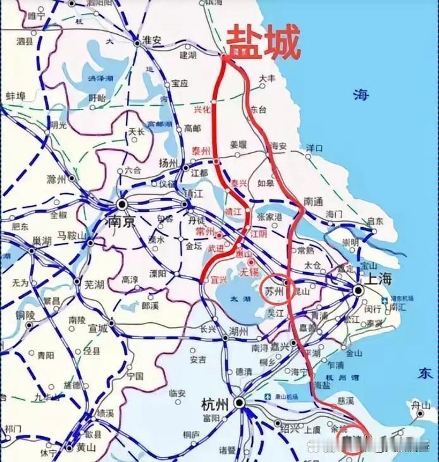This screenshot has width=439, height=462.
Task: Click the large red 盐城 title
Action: click(x=263, y=42)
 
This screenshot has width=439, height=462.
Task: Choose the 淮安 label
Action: click(x=152, y=40)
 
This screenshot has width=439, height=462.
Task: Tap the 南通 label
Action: click(x=313, y=201)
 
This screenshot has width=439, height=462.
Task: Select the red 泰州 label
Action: click(x=201, y=151)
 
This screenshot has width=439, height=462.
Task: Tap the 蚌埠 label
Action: click(x=15, y=96)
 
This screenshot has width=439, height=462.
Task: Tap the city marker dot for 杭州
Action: click(x=239, y=403)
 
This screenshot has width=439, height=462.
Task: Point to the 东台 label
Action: click(x=258, y=109)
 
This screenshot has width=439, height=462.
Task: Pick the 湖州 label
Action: click(x=238, y=330)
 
